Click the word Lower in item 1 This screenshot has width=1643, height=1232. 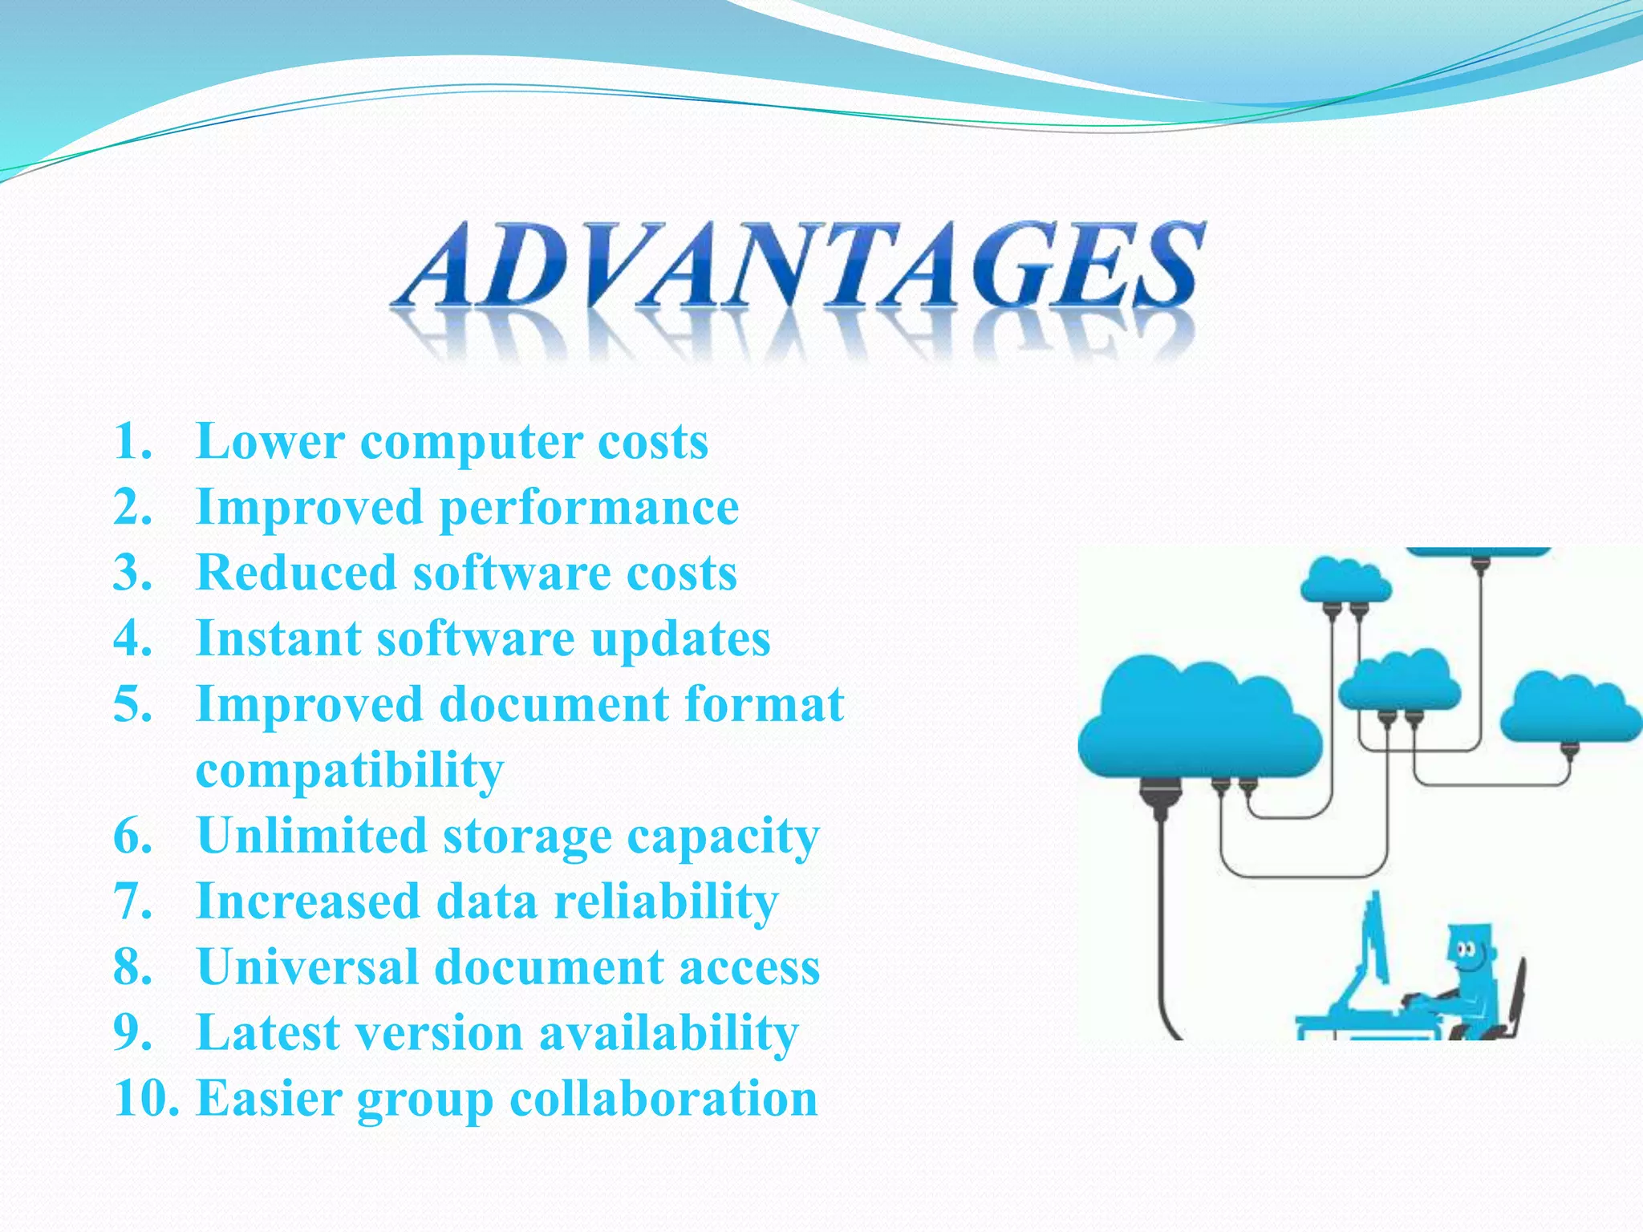point(270,441)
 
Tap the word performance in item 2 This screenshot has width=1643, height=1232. point(590,508)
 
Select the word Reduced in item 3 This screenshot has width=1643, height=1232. point(297,573)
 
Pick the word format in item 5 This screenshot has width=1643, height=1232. point(764,704)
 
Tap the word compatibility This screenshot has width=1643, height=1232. point(350,770)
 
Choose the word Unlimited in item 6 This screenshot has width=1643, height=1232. point(312,836)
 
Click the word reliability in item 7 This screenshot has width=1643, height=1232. point(666,901)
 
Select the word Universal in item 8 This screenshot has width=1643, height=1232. point(308,967)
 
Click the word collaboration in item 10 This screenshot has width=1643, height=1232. point(663,1098)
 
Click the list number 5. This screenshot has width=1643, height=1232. point(132,704)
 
